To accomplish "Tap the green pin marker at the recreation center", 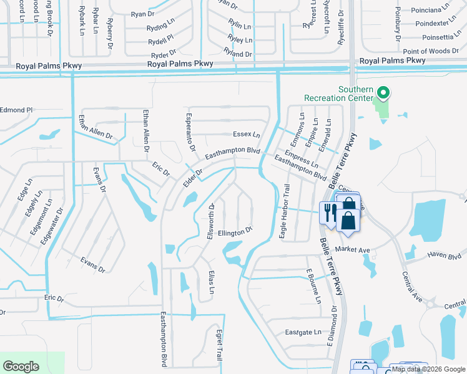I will pyautogui.click(x=384, y=93).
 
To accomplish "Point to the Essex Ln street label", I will pyautogui.click(x=246, y=134).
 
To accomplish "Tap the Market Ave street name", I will pyautogui.click(x=356, y=250).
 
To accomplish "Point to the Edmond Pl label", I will pyautogui.click(x=16, y=110).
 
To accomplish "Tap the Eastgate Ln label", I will pyautogui.click(x=302, y=332).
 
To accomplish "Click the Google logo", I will pyautogui.click(x=21, y=366).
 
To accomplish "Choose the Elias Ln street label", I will pyautogui.click(x=212, y=283).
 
